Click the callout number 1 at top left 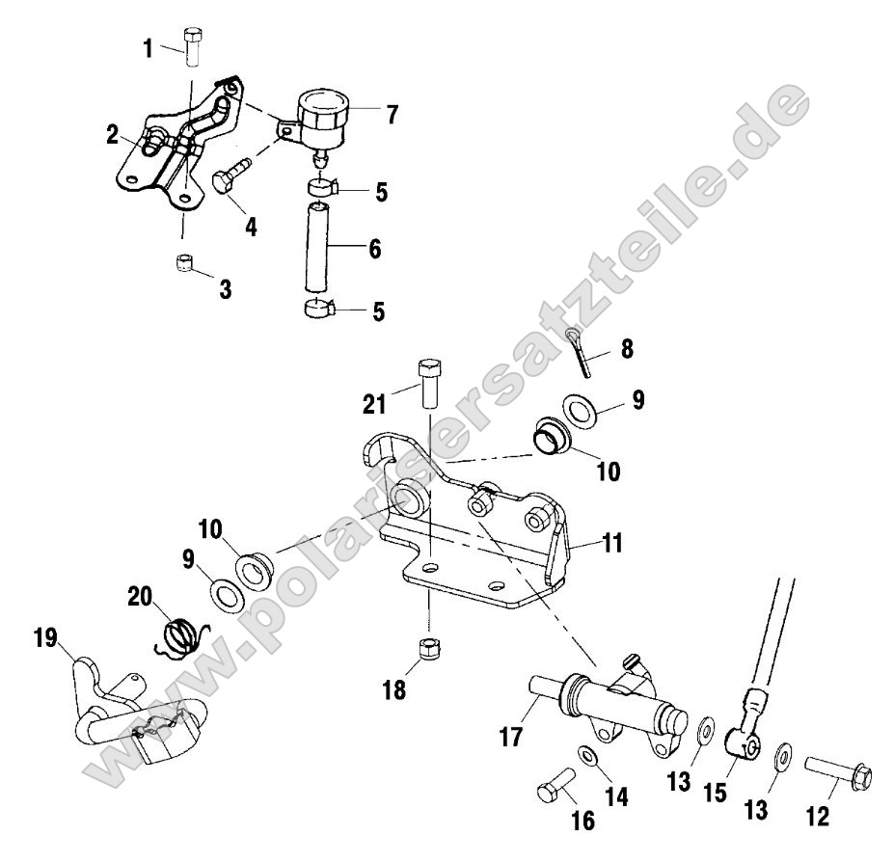coord(149,46)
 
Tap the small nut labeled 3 coord(185,263)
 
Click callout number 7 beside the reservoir coord(391,115)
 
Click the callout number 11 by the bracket coord(612,543)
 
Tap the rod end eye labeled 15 coord(743,742)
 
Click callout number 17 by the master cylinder coord(510,739)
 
